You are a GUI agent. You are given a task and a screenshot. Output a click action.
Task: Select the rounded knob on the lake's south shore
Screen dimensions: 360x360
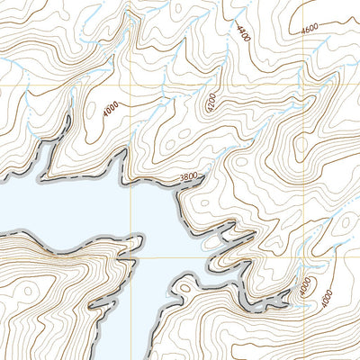184,286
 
